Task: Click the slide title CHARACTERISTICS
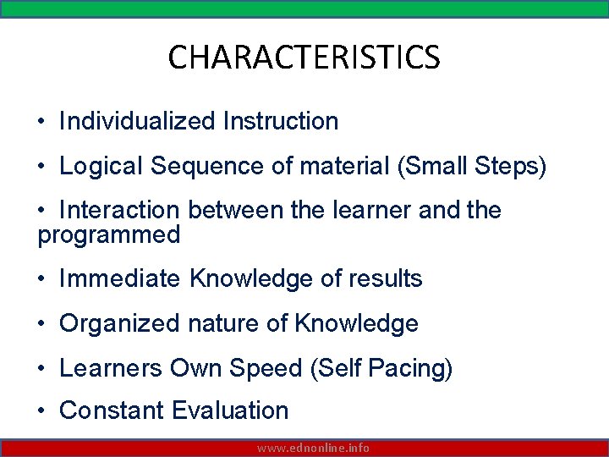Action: pos(304,58)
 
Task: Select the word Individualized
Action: pos(138,121)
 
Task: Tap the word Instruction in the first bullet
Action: pos(281,121)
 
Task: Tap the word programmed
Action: pos(109,234)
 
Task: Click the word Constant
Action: pos(112,410)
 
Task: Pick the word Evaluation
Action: pos(230,410)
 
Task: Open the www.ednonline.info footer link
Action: pos(314,448)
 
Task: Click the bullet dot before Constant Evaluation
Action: pos(41,411)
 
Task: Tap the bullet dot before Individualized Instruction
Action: pos(41,122)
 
